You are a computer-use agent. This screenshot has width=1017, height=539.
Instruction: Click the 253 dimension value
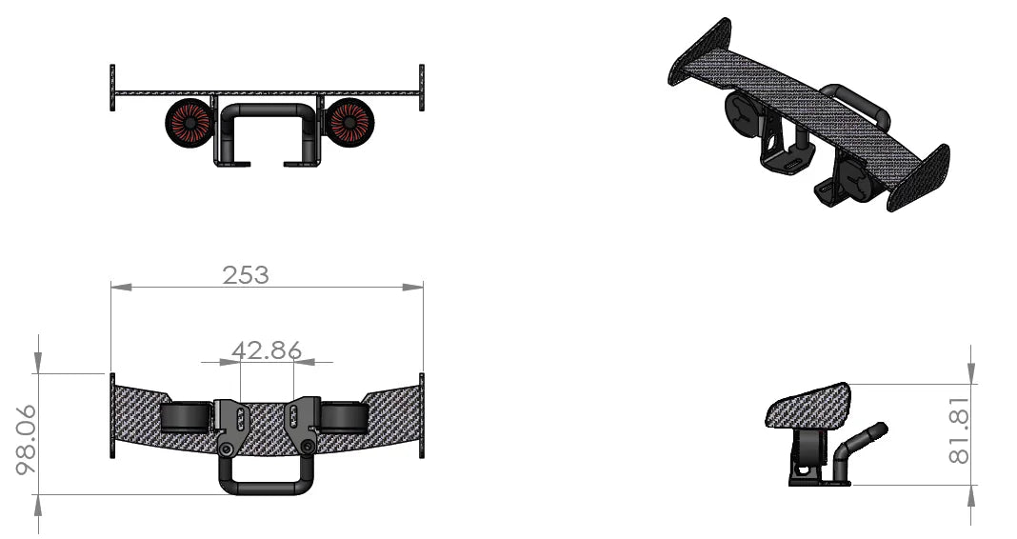(x=246, y=275)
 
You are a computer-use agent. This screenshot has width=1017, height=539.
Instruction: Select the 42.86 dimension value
(x=266, y=350)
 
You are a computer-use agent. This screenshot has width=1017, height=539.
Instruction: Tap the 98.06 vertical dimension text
(x=26, y=439)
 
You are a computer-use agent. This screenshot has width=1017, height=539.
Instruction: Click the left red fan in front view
(x=189, y=122)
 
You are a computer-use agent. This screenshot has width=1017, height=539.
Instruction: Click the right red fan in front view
(x=349, y=122)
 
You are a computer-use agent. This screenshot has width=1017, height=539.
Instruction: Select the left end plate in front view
(x=112, y=88)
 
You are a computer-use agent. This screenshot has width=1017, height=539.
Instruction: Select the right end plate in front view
(x=421, y=88)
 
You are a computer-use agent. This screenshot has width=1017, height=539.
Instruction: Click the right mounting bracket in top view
(x=303, y=425)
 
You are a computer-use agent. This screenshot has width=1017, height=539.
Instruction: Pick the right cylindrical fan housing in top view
(x=344, y=417)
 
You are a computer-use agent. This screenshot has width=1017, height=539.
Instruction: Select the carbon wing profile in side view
(x=808, y=406)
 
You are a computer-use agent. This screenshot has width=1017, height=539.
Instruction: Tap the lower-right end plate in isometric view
(x=919, y=178)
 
